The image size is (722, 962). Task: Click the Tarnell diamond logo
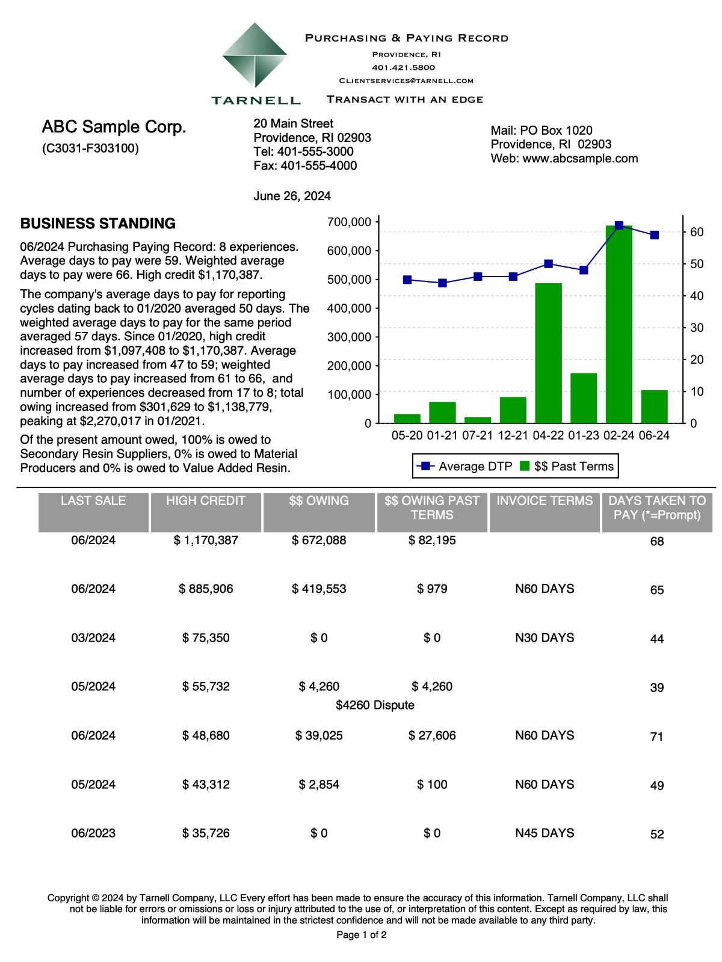[255, 55]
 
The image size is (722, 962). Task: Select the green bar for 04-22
[548, 353]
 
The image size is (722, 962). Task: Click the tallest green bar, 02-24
[619, 325]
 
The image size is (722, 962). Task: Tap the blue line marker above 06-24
[654, 235]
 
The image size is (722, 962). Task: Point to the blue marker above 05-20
[407, 280]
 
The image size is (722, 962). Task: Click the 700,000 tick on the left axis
[349, 222]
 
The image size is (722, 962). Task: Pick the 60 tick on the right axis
[697, 232]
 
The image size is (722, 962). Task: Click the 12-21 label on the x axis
[513, 435]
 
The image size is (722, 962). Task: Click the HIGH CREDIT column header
[206, 501]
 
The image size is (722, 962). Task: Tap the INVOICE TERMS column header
[545, 501]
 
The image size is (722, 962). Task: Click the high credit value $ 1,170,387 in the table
[206, 540]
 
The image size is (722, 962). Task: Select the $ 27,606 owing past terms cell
[432, 735]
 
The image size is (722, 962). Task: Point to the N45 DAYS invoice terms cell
[545, 833]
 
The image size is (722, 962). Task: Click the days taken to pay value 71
[657, 737]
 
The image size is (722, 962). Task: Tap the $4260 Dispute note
[375, 705]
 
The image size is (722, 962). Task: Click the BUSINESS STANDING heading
[98, 224]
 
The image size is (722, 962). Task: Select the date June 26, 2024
[292, 196]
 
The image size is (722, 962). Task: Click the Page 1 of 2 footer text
[361, 935]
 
